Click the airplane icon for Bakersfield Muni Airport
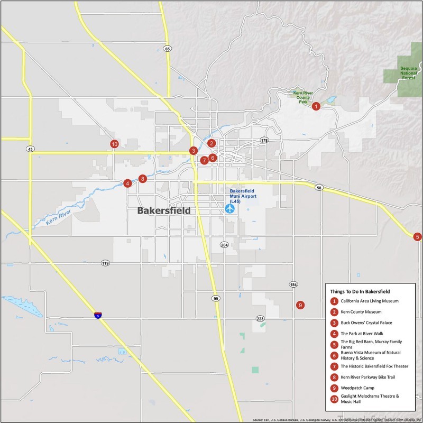point(229,208)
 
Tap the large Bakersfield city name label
point(163,210)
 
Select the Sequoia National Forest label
point(408,73)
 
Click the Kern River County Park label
point(303,97)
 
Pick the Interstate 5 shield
point(98,315)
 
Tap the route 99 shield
point(216,299)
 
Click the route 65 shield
point(168,49)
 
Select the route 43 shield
point(31,149)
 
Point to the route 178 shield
point(264,140)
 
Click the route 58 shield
point(319,188)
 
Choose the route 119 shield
point(105,263)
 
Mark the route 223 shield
point(260,319)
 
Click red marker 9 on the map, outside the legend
point(300,305)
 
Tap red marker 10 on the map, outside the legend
point(114,143)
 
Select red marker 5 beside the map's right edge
point(418,236)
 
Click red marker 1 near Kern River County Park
point(316,106)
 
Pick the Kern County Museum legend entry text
point(361,312)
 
